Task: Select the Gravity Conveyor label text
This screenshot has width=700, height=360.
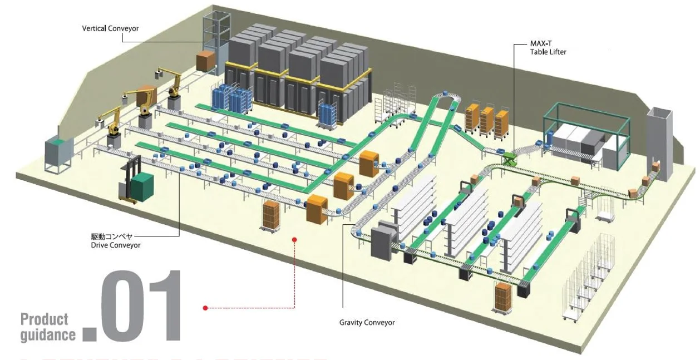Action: [367, 322]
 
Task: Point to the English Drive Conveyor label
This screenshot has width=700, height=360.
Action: [115, 245]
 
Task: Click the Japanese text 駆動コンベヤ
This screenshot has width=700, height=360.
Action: [112, 236]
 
